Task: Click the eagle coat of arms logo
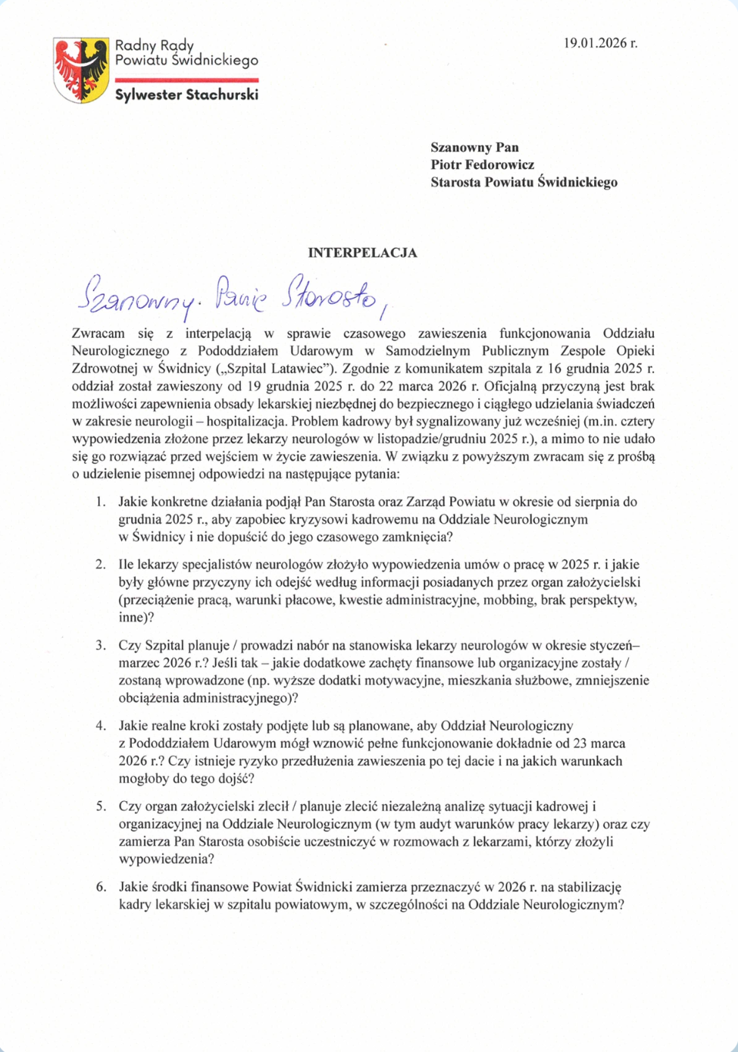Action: point(81,70)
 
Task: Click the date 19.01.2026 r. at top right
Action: point(600,43)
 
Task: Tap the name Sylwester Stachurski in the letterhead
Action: point(186,95)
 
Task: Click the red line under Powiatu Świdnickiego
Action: point(186,80)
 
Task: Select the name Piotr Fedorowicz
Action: point(482,164)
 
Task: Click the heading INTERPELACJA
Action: point(362,253)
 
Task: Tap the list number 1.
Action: point(100,502)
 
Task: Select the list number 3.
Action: point(100,646)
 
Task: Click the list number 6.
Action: point(100,887)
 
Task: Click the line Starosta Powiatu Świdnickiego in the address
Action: point(524,182)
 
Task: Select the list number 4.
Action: point(100,726)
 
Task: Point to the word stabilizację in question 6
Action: point(586,887)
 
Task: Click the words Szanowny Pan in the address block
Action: point(474,147)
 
